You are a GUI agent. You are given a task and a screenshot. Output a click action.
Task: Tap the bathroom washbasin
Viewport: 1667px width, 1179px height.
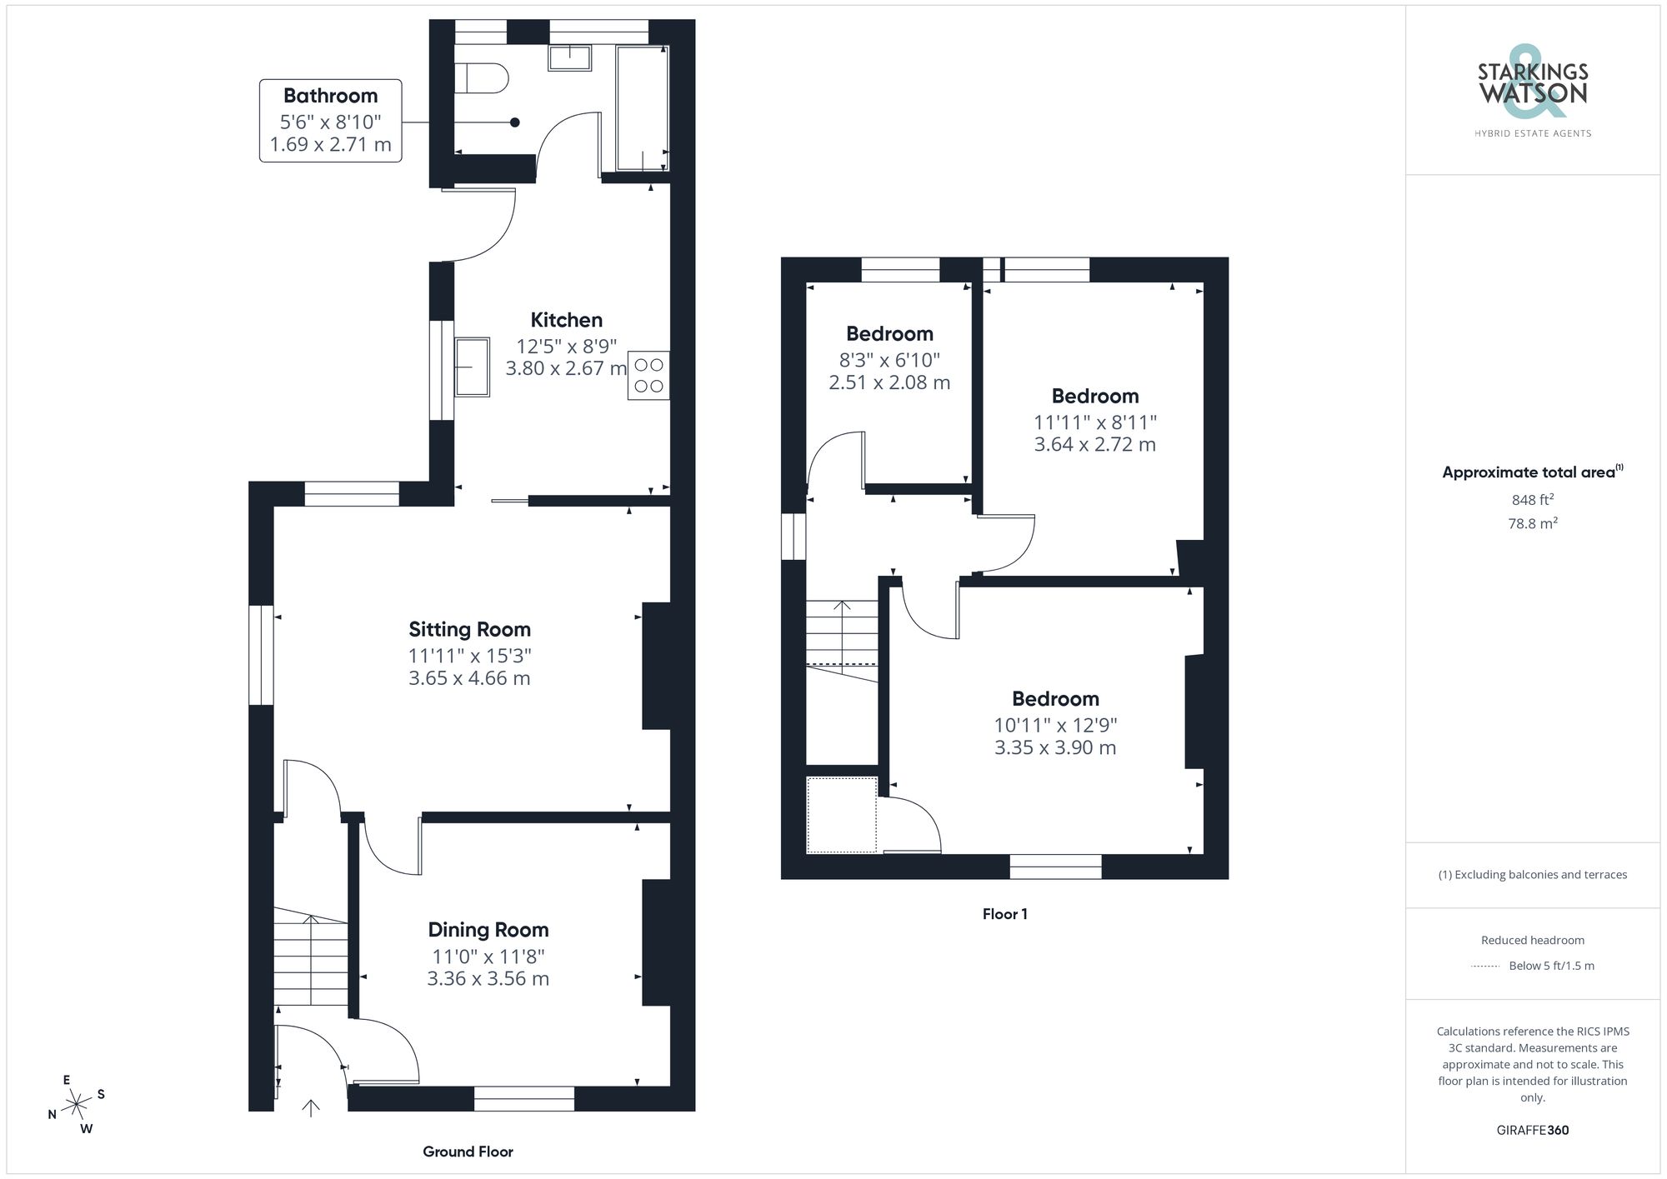(x=569, y=58)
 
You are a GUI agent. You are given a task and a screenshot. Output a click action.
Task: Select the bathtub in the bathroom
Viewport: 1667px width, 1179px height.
(x=642, y=108)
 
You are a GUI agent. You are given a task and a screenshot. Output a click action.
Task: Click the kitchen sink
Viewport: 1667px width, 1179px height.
(x=473, y=367)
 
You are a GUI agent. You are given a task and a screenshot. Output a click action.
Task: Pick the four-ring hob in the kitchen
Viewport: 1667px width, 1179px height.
(x=648, y=376)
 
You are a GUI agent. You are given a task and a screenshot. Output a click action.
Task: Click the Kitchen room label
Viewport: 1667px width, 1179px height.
(x=566, y=320)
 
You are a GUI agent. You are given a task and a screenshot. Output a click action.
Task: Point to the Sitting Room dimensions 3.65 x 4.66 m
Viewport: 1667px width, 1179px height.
(x=469, y=678)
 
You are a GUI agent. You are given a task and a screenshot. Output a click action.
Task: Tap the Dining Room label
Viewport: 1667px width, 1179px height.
(x=488, y=930)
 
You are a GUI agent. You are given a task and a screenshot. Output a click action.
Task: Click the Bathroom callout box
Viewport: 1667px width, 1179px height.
(x=330, y=120)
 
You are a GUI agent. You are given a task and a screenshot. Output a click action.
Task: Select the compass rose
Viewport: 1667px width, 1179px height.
(x=77, y=1105)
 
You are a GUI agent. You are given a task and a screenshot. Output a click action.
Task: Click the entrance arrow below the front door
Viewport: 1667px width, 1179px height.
(x=311, y=1108)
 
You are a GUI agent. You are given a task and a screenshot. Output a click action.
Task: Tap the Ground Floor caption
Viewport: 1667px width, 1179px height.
(x=468, y=1152)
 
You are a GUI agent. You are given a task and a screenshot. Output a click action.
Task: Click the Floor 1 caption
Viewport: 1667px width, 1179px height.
(x=1004, y=914)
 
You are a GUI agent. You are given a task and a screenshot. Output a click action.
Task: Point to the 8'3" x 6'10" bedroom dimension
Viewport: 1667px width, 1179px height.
(x=889, y=360)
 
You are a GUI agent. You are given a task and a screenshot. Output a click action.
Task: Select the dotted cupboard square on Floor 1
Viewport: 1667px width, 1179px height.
(x=842, y=815)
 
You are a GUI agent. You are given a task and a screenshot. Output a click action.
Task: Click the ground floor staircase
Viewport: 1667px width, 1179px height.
(x=311, y=958)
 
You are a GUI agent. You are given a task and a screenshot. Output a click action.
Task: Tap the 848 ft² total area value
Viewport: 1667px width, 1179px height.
(x=1532, y=500)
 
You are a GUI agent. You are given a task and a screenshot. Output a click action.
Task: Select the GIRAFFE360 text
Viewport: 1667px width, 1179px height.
(x=1532, y=1131)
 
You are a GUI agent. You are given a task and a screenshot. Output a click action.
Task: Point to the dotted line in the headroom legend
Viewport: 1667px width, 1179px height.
(x=1485, y=967)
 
